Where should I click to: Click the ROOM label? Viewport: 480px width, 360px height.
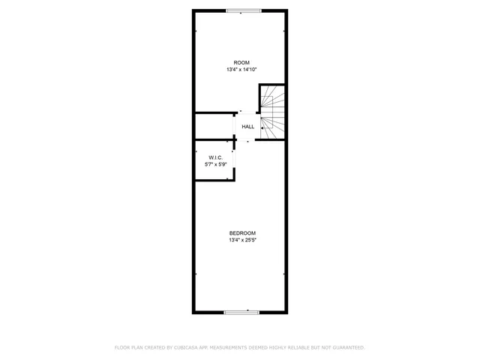tap(241, 62)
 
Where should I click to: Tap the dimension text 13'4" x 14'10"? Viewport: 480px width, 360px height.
tap(241, 70)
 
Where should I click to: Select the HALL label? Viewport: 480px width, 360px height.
tap(247, 127)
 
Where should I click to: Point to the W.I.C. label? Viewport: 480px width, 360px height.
tap(216, 157)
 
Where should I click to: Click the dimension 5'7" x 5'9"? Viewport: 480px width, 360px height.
tap(216, 164)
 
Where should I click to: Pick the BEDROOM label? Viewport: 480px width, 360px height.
tap(242, 232)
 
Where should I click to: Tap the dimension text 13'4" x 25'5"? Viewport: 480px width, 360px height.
tap(242, 240)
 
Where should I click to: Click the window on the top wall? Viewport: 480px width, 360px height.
tap(244, 10)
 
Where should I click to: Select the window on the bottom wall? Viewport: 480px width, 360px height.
tap(242, 311)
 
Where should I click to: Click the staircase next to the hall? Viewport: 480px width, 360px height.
tap(273, 112)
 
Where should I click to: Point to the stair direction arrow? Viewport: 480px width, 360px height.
tap(263, 127)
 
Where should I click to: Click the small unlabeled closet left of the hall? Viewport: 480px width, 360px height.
tap(214, 126)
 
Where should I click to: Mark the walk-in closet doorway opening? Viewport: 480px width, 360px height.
tap(234, 158)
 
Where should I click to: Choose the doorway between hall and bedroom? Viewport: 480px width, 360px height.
tap(247, 140)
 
